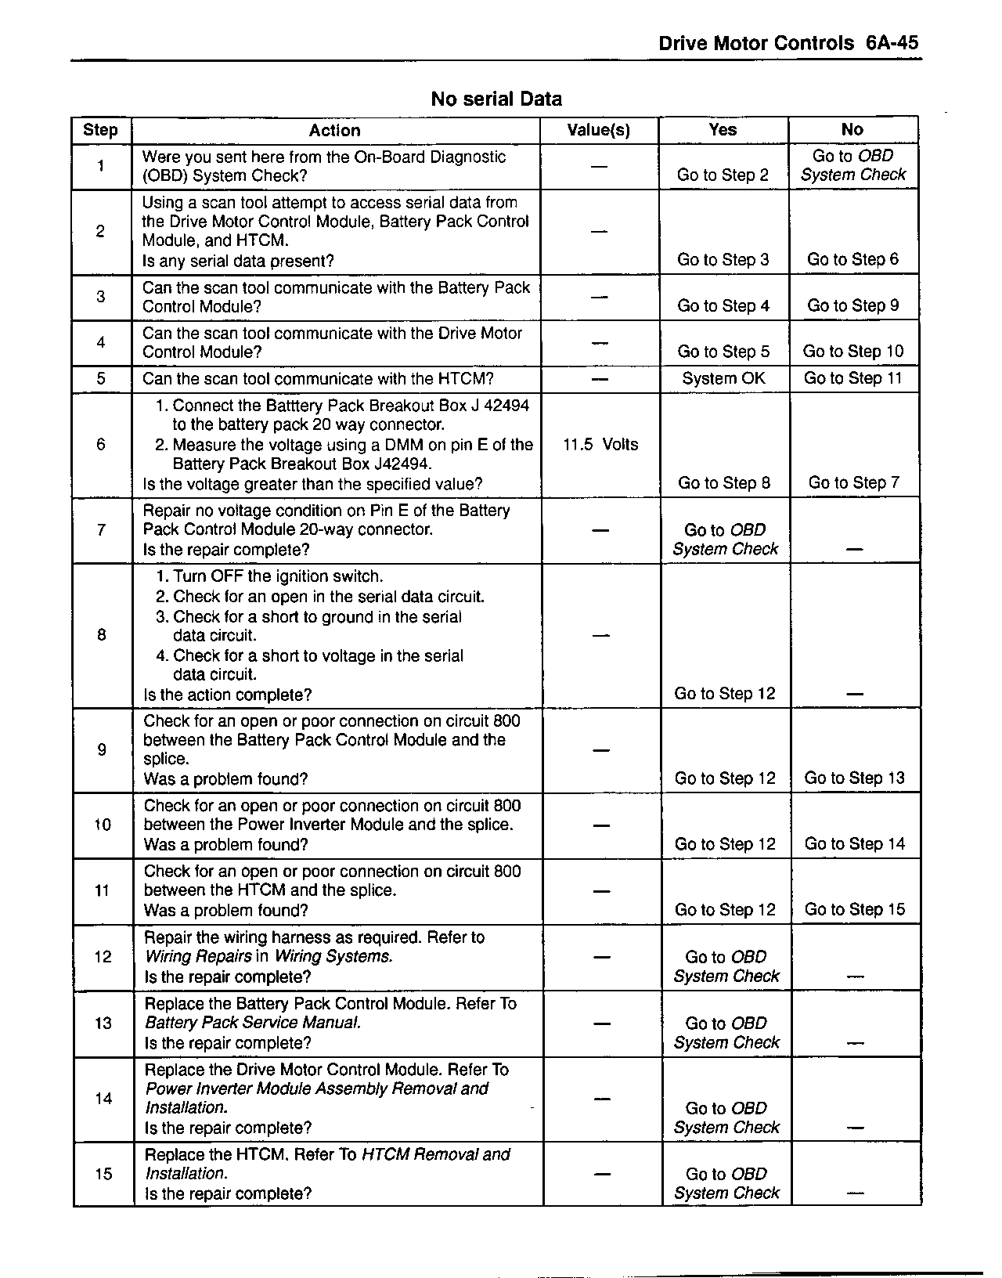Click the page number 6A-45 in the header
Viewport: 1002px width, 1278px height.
pos(892,43)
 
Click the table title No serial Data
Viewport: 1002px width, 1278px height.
pos(496,99)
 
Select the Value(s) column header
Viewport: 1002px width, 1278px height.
pos(599,131)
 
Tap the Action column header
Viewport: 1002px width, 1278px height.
pos(334,131)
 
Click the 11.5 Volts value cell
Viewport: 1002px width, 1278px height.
pos(600,445)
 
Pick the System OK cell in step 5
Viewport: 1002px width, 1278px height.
pos(723,379)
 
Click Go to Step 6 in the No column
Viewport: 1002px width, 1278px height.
pos(852,260)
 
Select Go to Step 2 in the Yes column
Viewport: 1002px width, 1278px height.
pos(723,175)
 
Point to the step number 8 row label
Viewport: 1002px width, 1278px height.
pos(102,635)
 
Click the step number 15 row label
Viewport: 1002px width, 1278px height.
pos(103,1174)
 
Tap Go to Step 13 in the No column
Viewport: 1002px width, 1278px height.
pos(854,778)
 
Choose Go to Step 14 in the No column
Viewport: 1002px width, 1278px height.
pos(854,844)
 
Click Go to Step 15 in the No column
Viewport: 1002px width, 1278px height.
pos(854,910)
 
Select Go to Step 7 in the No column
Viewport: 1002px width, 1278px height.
pos(854,483)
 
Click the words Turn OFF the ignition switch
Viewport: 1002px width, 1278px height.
pos(278,577)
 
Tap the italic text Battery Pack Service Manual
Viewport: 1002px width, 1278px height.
pos(253,1023)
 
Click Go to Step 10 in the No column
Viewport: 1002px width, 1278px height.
pos(853,352)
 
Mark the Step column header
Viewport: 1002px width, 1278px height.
pos(100,131)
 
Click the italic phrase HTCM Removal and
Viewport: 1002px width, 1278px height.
pos(435,1154)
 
